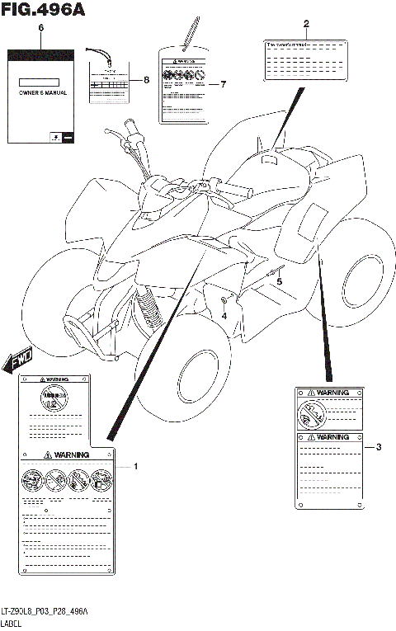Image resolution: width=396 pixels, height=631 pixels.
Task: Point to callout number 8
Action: pyautogui.click(x=146, y=80)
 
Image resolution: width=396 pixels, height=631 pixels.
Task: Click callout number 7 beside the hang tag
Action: pyautogui.click(x=222, y=85)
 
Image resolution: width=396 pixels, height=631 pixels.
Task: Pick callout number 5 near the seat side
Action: pyautogui.click(x=279, y=281)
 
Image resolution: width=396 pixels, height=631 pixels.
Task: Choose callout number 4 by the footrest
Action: pyautogui.click(x=224, y=314)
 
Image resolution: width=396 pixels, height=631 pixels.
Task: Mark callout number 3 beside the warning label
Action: pyautogui.click(x=378, y=448)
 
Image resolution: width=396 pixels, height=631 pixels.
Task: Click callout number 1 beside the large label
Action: pyautogui.click(x=136, y=467)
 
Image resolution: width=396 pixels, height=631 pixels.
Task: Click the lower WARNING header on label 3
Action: pyautogui.click(x=328, y=437)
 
